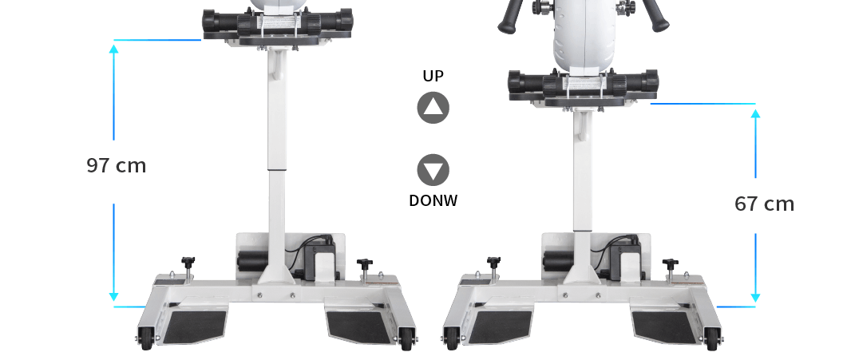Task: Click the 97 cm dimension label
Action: tap(116, 165)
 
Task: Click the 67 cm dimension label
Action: tap(764, 204)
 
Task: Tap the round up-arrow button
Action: tap(433, 108)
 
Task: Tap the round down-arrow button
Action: tap(433, 170)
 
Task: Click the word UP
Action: tap(433, 76)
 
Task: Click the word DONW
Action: tap(433, 200)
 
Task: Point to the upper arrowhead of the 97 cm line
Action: tap(113, 49)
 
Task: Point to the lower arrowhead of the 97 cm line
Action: tap(113, 297)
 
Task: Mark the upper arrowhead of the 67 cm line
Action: tap(756, 114)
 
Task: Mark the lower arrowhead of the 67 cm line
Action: tap(756, 298)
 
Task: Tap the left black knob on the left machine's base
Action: tap(188, 263)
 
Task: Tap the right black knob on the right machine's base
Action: tap(671, 264)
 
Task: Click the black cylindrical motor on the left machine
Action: tap(253, 261)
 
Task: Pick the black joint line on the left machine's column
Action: tap(277, 170)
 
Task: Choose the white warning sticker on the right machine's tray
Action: tap(583, 83)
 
